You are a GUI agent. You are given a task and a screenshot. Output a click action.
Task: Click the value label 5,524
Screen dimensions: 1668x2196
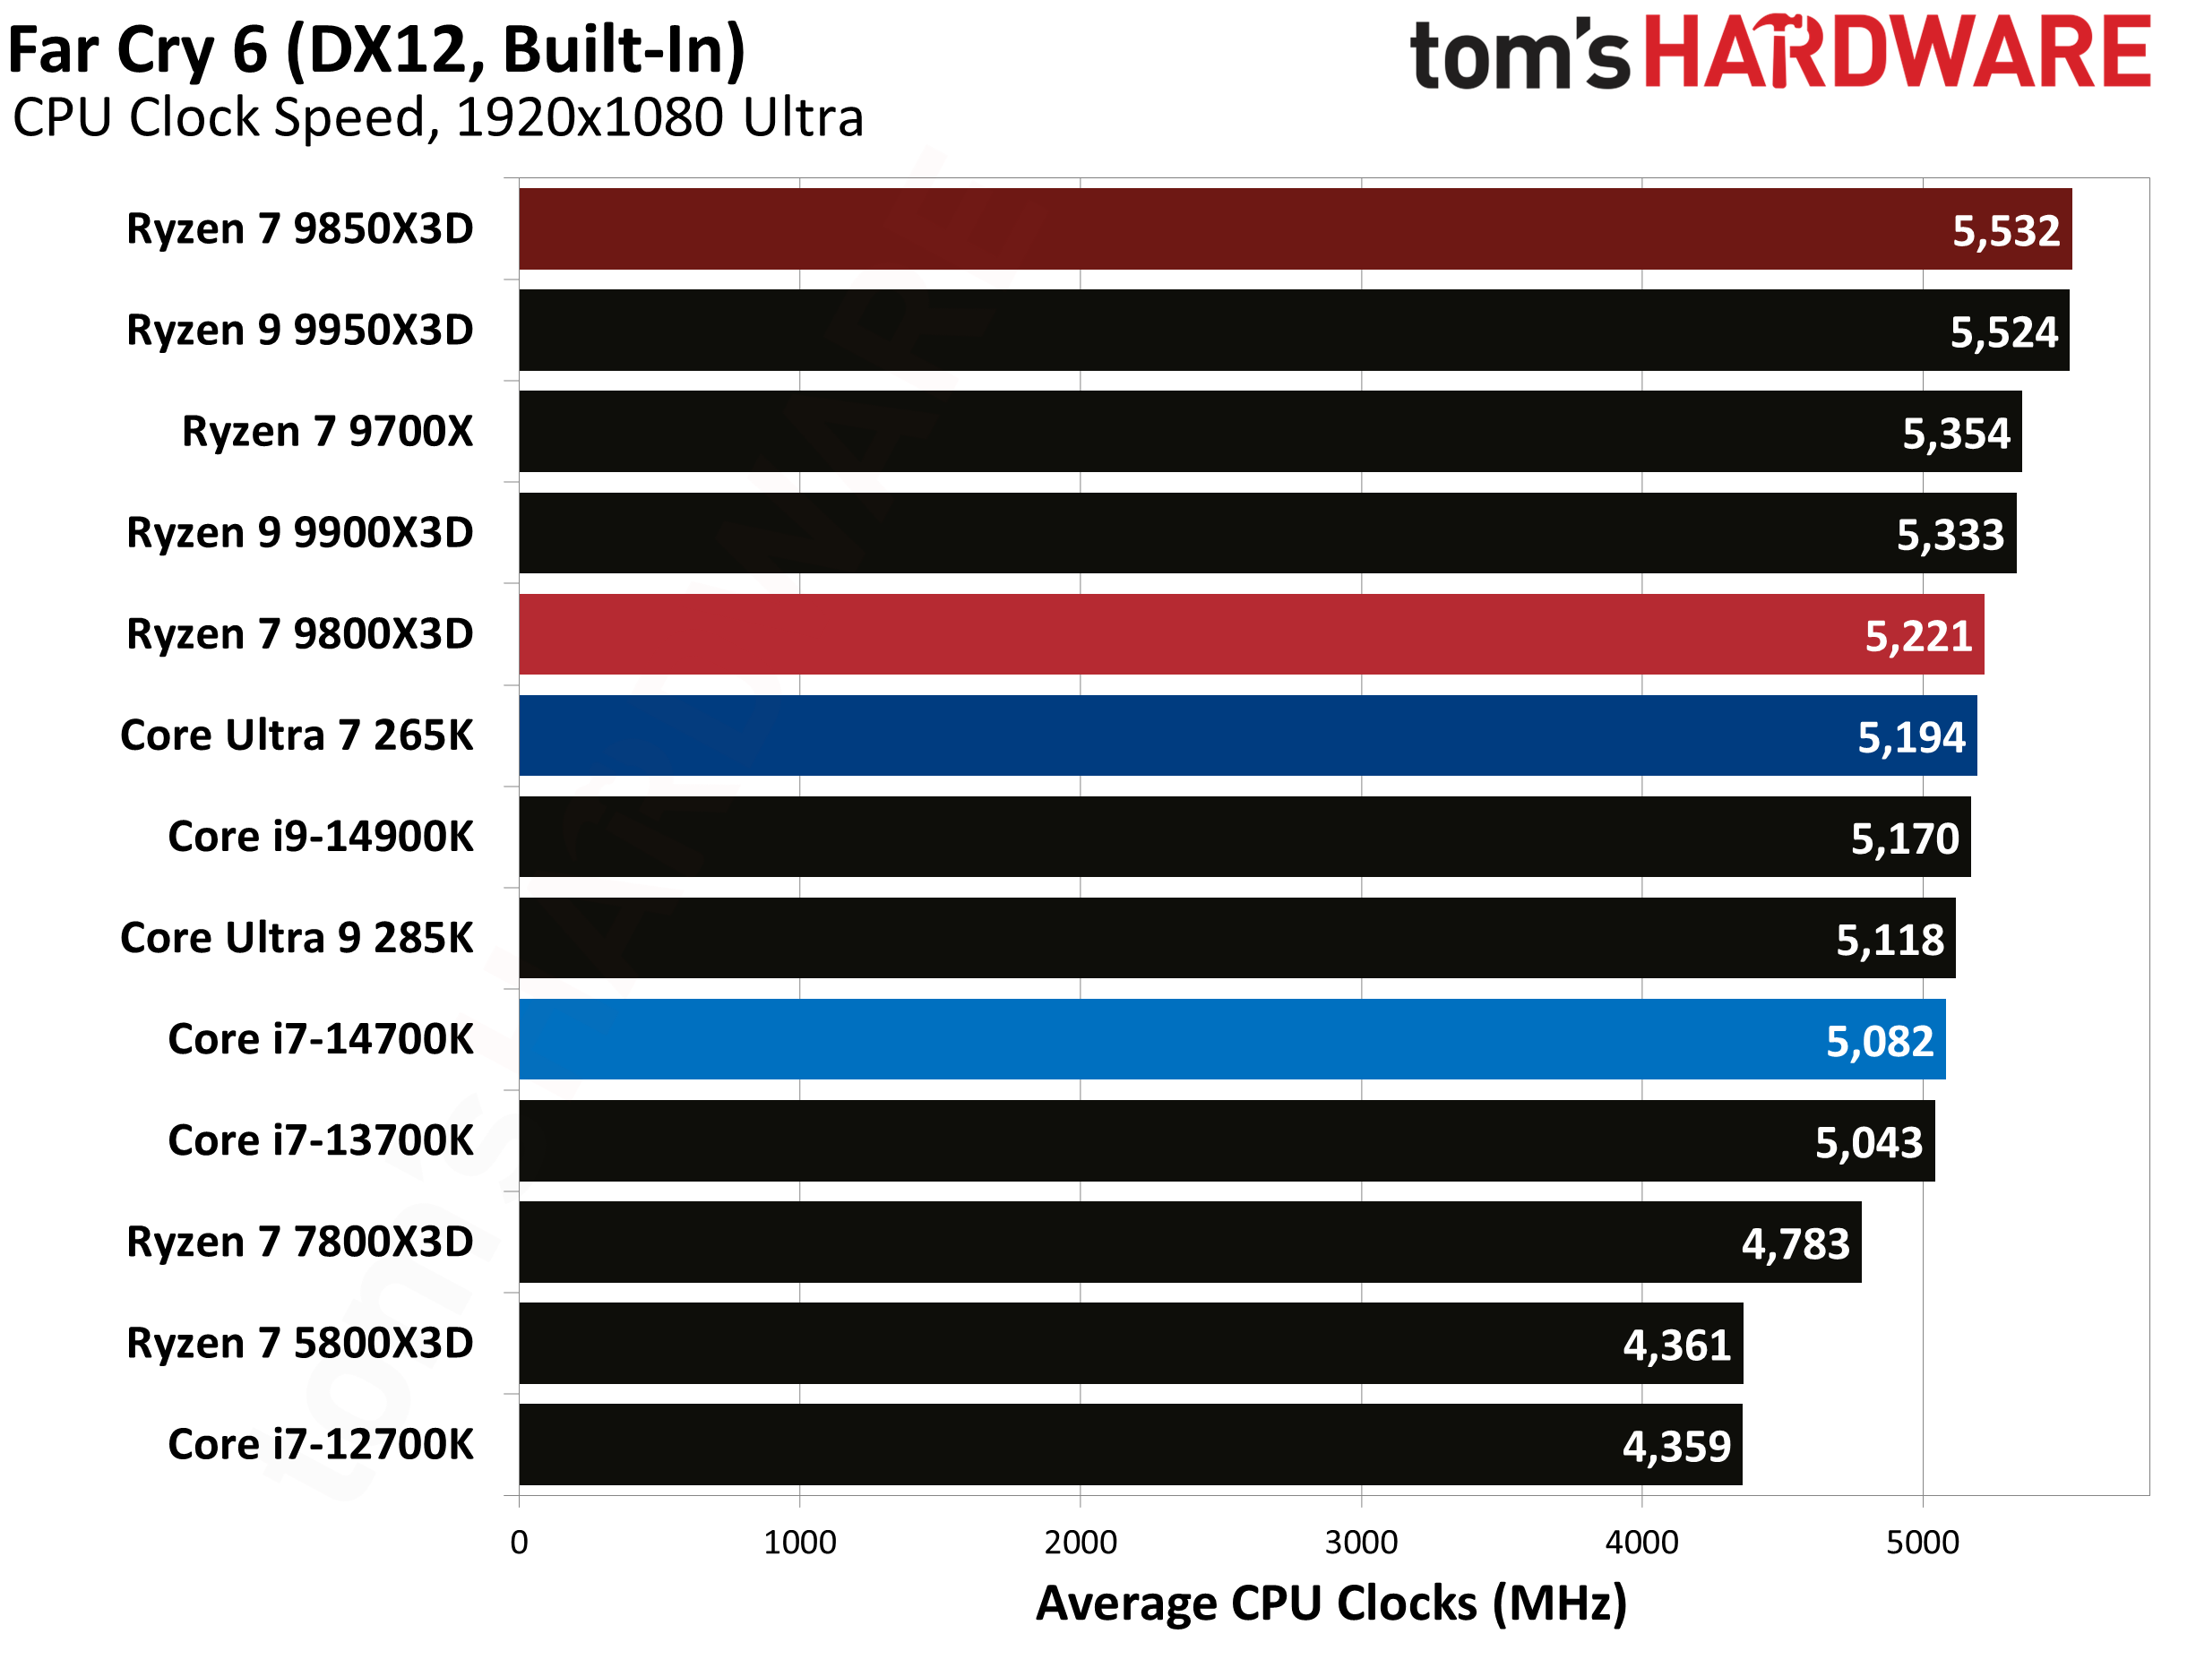click(2003, 332)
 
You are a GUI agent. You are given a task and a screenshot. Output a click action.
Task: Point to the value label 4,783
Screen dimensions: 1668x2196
click(1795, 1244)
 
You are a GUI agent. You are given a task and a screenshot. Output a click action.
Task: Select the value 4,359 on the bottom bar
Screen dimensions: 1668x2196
click(1675, 1447)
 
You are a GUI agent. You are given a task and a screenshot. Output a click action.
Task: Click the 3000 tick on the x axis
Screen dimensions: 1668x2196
click(1361, 1542)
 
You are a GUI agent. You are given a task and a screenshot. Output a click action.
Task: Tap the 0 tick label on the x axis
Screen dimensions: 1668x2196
click(520, 1542)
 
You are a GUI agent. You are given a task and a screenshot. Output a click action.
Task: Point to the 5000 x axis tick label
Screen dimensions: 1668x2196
click(1922, 1542)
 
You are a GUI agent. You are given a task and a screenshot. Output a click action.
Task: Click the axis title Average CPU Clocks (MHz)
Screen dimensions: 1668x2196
click(1331, 1604)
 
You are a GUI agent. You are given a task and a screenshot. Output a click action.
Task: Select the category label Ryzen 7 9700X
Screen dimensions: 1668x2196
click(328, 432)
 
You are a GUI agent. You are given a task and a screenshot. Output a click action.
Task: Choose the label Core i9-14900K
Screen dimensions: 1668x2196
click(321, 837)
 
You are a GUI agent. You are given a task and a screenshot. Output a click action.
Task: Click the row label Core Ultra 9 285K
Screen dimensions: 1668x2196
click(297, 938)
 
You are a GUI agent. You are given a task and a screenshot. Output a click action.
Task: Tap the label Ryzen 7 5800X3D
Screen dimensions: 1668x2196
click(300, 1344)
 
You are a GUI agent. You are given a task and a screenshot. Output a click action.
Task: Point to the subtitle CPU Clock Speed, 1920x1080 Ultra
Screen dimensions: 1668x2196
click(438, 118)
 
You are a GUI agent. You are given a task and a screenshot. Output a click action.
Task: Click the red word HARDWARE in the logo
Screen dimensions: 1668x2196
click(1896, 55)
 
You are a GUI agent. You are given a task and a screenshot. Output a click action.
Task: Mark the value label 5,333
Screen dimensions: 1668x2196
click(1950, 535)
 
